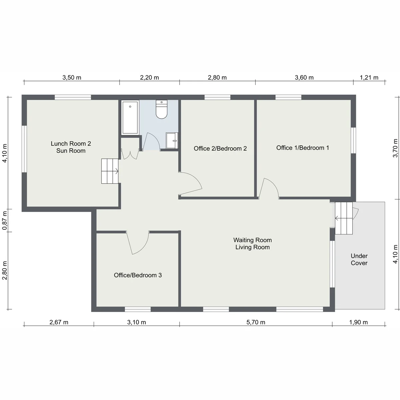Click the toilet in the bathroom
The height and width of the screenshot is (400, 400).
[x=161, y=109]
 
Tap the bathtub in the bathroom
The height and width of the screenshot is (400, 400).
[x=130, y=117]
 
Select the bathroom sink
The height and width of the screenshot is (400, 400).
[x=172, y=141]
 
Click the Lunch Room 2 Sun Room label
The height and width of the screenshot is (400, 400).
[x=71, y=147]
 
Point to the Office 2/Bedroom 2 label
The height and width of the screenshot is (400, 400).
[x=220, y=148]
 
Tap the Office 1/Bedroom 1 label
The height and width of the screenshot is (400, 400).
[x=303, y=148]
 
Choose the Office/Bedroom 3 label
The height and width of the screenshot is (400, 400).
[x=138, y=275]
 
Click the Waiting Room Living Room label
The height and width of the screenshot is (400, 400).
[x=252, y=243]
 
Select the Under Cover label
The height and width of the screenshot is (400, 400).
[x=359, y=259]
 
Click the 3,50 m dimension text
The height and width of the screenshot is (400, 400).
[x=72, y=77]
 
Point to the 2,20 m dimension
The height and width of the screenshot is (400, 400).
[x=149, y=77]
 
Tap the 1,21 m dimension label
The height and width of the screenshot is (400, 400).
[x=369, y=77]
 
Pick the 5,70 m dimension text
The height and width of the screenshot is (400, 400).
[x=256, y=322]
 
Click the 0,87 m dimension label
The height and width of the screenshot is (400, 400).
[x=5, y=221]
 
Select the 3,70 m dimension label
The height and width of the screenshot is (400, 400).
[x=395, y=148]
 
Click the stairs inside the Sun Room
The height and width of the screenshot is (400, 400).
[x=110, y=171]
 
